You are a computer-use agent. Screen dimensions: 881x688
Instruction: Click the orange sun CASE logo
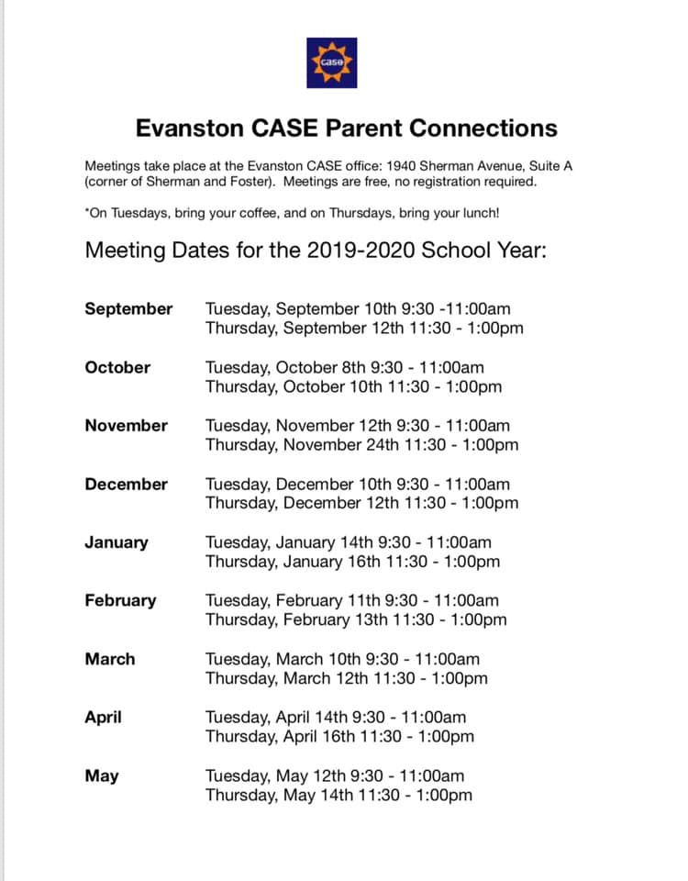tap(331, 62)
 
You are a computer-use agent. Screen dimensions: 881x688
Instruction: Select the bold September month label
tap(128, 308)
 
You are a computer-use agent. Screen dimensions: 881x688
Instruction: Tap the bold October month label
tap(117, 367)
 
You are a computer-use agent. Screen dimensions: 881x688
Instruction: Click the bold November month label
tap(127, 426)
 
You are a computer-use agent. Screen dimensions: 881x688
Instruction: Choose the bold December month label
tap(127, 484)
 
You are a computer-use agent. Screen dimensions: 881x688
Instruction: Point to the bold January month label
tap(117, 542)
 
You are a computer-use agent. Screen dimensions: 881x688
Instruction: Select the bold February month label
tap(120, 601)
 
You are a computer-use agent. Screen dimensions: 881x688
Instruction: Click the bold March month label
tap(110, 659)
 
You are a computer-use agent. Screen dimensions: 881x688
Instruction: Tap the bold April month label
tap(103, 718)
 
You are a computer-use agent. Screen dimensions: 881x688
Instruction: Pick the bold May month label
tap(102, 776)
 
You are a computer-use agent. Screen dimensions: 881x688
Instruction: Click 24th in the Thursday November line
tap(383, 445)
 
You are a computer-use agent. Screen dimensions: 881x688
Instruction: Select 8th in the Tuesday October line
tap(350, 367)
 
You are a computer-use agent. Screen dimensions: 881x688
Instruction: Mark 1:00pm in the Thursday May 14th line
tap(444, 796)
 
